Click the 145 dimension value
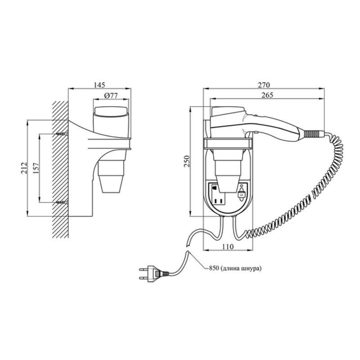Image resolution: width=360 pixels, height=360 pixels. click(x=99, y=85)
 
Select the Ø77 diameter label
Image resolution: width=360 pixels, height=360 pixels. click(x=111, y=95)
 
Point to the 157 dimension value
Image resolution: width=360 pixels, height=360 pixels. click(x=36, y=168)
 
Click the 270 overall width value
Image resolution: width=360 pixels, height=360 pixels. click(x=264, y=85)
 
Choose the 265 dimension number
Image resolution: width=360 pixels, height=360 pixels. click(x=267, y=95)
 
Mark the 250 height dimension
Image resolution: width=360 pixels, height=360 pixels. click(x=187, y=162)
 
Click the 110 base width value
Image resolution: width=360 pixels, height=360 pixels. click(x=228, y=247)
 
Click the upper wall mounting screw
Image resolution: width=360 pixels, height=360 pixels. click(x=62, y=133)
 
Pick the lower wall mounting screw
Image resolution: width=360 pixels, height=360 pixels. click(x=62, y=202)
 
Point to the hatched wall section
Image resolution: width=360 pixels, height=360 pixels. click(x=60, y=170)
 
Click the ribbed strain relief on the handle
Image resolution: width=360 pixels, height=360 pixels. click(x=312, y=134)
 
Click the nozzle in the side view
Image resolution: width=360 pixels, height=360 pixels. click(x=111, y=176)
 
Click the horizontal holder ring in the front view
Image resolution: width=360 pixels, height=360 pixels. click(x=228, y=144)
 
